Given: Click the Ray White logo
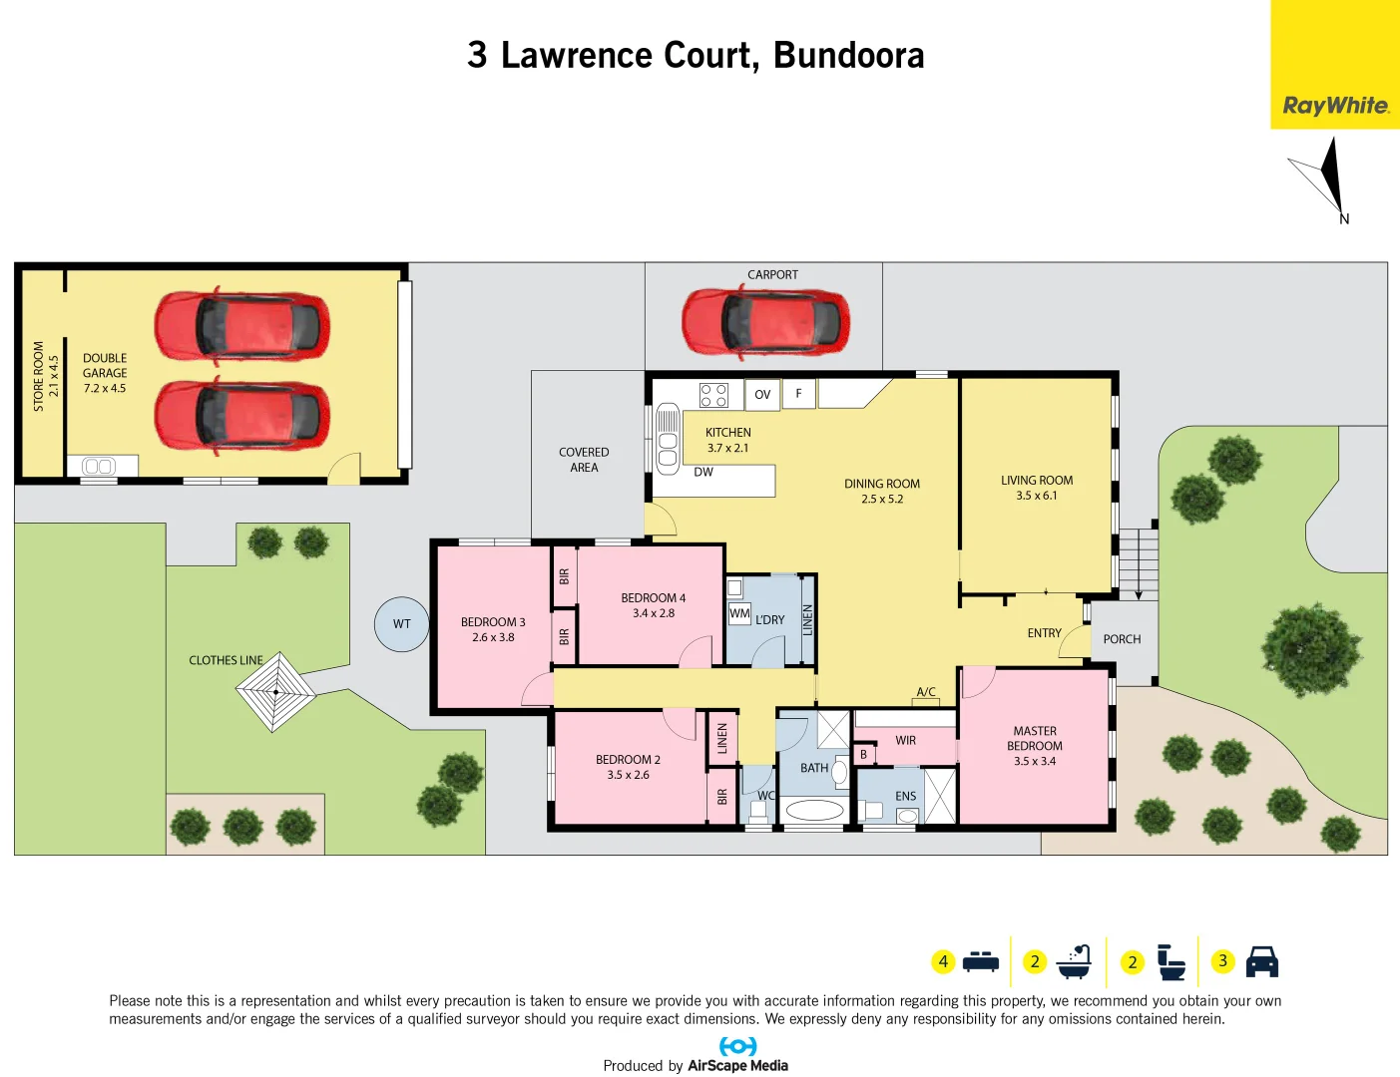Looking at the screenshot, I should coord(1335,106).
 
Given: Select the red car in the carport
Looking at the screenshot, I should coord(765,321).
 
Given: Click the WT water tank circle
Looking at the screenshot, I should coord(401,624).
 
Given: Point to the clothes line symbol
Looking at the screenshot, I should coord(275,691).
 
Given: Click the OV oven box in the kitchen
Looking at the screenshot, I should coord(762,395).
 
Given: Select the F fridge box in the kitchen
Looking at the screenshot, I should coord(798,394).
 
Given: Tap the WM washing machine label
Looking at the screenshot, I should coord(739,613).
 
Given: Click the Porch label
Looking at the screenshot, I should coord(1122,639).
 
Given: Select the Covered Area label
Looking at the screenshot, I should coord(584,460).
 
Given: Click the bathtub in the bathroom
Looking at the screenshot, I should coord(814,810).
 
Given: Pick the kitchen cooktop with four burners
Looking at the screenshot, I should coord(713,395).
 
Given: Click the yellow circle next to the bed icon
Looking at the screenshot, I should coord(943,961).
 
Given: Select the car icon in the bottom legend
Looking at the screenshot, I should coord(1262,961).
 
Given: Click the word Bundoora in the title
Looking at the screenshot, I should coord(848,56).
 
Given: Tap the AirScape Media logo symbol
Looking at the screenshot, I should coord(737,1046).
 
